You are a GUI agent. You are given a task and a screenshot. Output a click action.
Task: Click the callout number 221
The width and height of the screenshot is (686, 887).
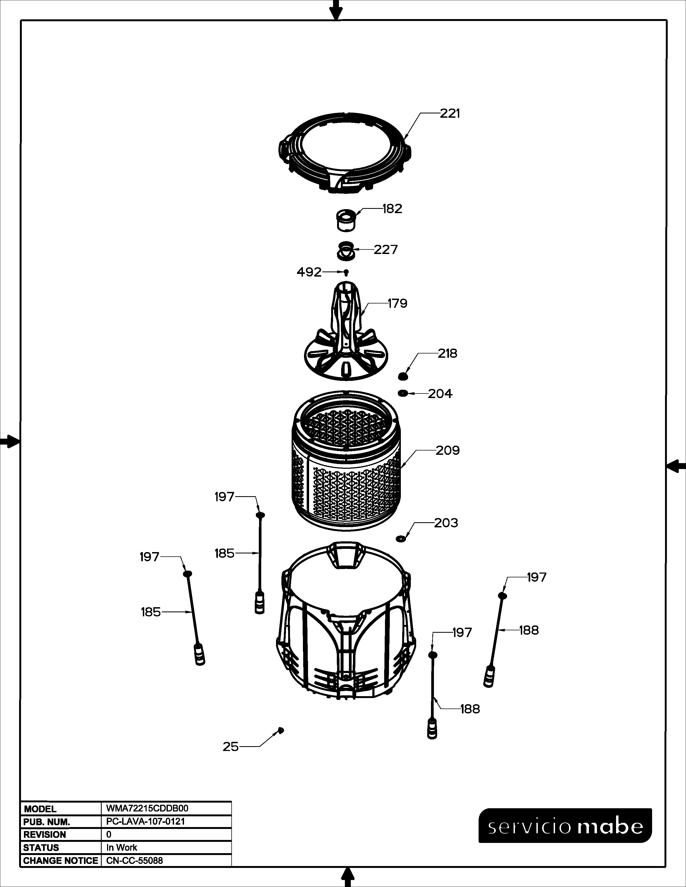450,114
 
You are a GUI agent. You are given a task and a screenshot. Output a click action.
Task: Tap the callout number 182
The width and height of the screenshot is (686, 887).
392,209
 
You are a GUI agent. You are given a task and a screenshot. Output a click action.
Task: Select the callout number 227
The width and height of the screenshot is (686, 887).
386,249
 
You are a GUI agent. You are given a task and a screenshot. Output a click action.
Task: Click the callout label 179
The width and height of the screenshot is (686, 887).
397,303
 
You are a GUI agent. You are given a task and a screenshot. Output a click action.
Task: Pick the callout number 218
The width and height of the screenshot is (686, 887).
447,353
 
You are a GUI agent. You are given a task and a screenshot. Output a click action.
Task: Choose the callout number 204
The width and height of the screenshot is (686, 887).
440,394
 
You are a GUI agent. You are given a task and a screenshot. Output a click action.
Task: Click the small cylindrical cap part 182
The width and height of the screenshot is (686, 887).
346,220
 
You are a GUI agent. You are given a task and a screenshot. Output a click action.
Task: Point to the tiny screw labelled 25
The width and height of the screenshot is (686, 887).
280,730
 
